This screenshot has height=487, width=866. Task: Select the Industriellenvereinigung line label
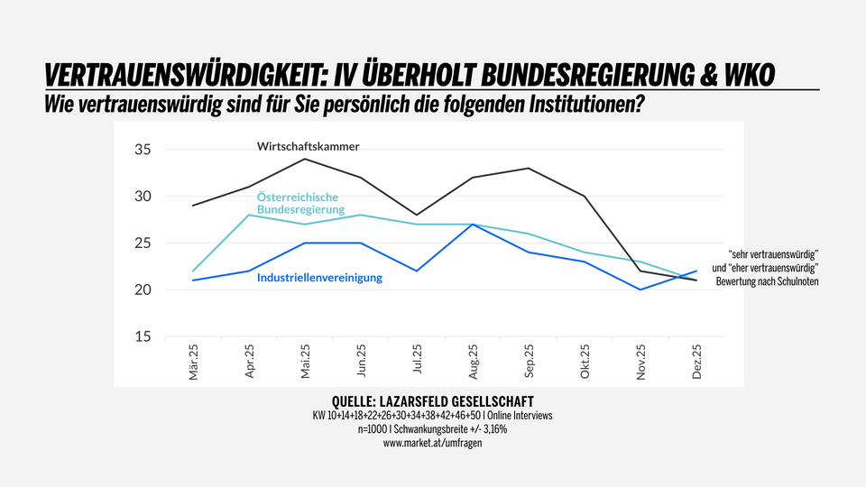319,278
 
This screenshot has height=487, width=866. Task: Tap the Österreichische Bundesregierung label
300,203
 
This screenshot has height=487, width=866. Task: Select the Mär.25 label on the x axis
194,361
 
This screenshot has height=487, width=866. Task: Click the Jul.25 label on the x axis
418,361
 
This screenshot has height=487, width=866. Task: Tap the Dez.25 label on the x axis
697,361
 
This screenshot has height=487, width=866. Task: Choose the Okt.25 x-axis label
585,361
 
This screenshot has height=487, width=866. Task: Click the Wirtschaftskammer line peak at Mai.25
306,159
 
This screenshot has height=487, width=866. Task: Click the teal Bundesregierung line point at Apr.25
250,215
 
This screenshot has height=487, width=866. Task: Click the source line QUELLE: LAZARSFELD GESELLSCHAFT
433,401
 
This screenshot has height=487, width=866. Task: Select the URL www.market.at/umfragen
433,444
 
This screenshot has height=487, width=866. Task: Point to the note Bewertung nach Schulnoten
771,283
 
